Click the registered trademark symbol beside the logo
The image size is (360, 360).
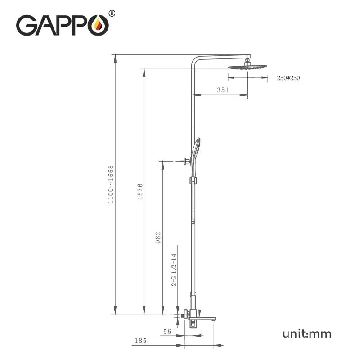pyautogui.click(x=112, y=13)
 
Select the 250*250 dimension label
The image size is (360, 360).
pyautogui.click(x=288, y=78)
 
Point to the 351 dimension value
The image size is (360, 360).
pyautogui.click(x=223, y=90)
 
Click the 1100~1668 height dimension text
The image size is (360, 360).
pyautogui.click(x=111, y=185)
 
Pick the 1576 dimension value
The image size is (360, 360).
pyautogui.click(x=140, y=191)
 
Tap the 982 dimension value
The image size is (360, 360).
pyautogui.click(x=158, y=237)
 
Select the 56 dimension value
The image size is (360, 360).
pyautogui.click(x=167, y=331)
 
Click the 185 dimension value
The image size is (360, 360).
pyautogui.click(x=140, y=341)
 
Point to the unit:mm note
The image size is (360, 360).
pyautogui.click(x=307, y=333)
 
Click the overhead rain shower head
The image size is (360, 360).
pyautogui.click(x=247, y=67)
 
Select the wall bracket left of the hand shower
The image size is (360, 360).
pyautogui.click(x=184, y=161)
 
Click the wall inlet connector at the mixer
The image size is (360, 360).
pyautogui.click(x=182, y=315)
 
